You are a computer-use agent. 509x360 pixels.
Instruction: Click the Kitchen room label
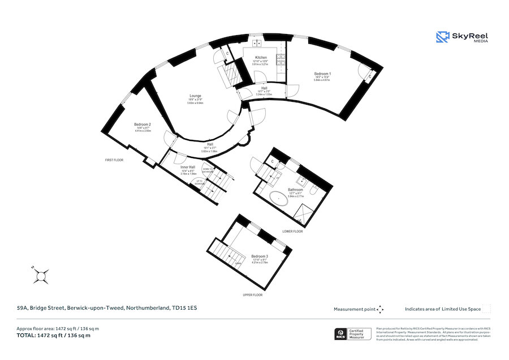coord(261,58)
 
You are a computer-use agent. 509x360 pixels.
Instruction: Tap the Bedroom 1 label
coord(322,74)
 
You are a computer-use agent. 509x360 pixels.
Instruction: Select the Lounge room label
coord(195,96)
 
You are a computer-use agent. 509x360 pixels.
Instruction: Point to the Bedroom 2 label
coord(143,124)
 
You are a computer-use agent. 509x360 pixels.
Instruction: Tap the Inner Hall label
coord(188,167)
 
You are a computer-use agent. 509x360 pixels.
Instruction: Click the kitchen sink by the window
coord(256,42)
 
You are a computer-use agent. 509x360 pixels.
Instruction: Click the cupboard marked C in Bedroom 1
coord(369,75)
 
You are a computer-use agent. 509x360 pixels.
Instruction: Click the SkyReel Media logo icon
coord(442,37)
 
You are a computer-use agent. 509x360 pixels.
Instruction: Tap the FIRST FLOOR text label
coord(114,160)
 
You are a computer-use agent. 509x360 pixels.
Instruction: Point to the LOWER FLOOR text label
coord(292,232)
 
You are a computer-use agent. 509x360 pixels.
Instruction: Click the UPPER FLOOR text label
coord(252,295)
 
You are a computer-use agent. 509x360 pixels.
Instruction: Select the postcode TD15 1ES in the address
coord(184,308)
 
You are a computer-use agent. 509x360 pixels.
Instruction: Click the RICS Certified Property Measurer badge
coord(351,333)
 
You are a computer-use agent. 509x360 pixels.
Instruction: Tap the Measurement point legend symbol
coord(381,309)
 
